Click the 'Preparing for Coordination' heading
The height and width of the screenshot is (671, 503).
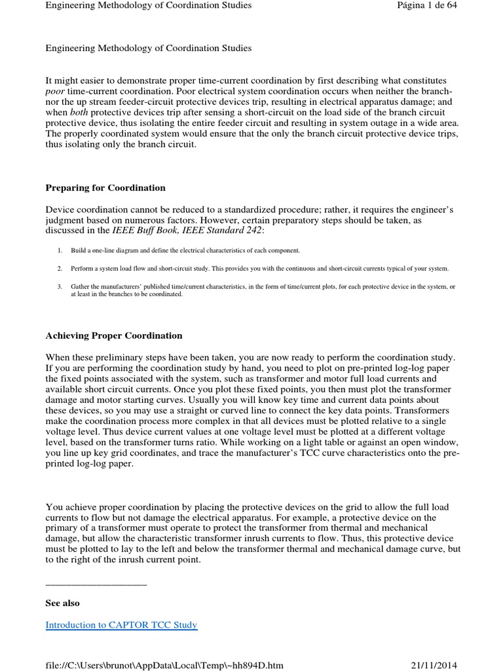click(x=105, y=188)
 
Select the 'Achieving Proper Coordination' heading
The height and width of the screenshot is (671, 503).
click(x=114, y=335)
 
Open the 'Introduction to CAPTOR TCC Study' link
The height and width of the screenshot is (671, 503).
click(x=121, y=624)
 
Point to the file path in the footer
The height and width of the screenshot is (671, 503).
click(x=164, y=665)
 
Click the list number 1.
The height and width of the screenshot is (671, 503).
click(x=59, y=251)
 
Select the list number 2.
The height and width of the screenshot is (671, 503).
click(x=59, y=269)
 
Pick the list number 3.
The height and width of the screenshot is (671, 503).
click(x=59, y=287)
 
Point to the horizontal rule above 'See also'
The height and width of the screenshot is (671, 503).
click(x=96, y=584)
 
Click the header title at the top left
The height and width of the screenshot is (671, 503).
click(x=148, y=6)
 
